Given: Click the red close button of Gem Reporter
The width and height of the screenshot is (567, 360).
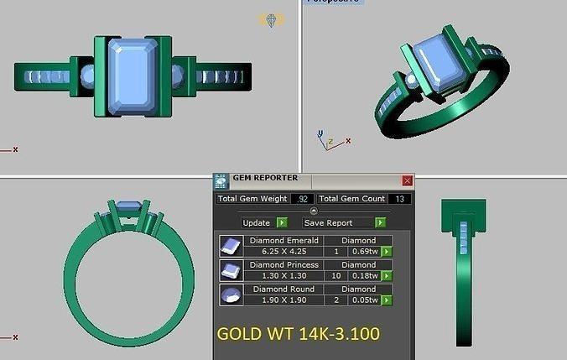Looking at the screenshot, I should tap(408, 180).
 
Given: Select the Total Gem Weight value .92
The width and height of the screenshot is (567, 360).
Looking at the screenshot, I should tap(302, 199).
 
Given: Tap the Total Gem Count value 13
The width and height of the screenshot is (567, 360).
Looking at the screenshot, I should tap(400, 199).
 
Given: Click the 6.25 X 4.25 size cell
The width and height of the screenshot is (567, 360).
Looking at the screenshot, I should tap(284, 251).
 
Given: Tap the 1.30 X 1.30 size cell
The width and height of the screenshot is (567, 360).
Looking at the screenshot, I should tap(284, 275).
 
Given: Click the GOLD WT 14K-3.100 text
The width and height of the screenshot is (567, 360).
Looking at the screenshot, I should tap(298, 333).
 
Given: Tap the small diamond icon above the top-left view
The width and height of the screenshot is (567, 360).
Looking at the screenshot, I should tap(271, 19).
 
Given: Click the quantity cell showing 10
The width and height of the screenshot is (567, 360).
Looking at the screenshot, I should tap(336, 275).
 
